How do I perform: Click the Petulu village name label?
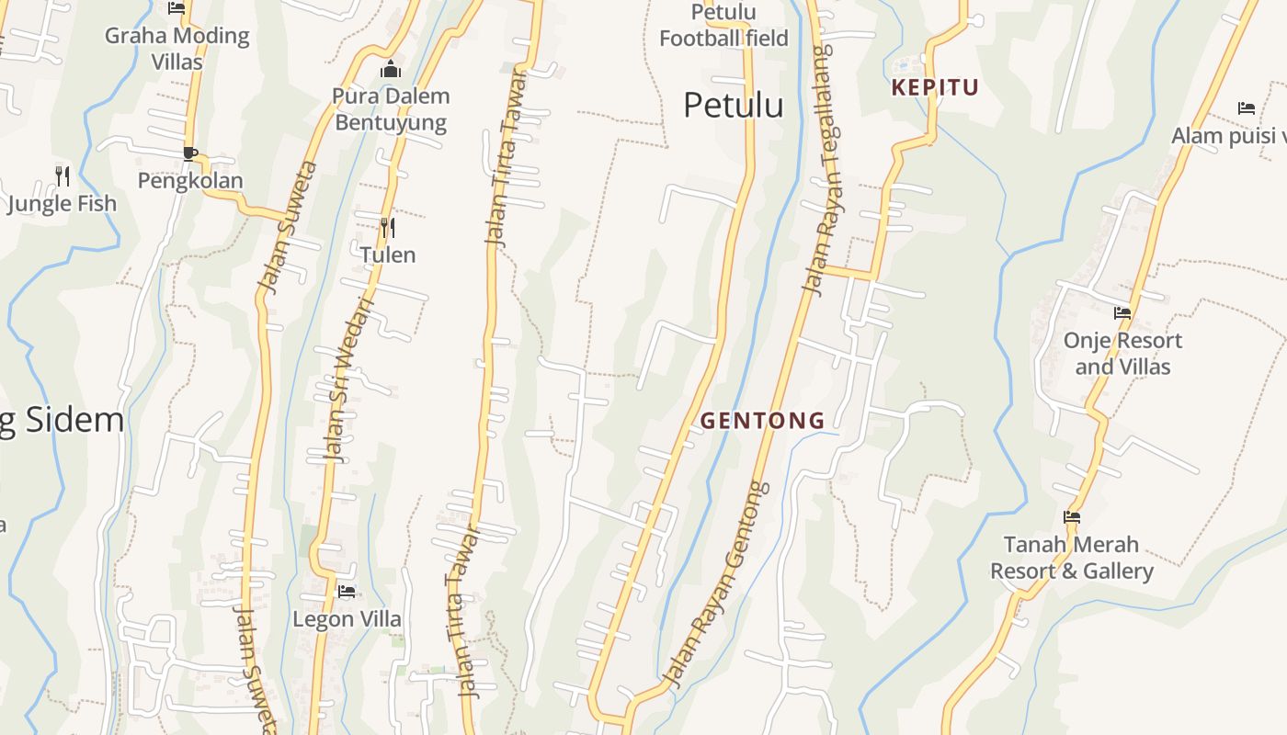[733, 106]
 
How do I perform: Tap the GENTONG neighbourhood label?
[763, 421]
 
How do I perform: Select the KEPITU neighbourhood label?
[935, 88]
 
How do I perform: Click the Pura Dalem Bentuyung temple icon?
[391, 70]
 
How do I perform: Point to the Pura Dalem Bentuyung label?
[391, 109]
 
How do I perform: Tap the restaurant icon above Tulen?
[388, 227]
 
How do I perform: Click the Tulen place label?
[388, 254]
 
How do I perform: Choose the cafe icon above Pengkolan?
[189, 153]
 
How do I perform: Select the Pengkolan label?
[190, 180]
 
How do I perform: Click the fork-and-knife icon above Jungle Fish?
[63, 175]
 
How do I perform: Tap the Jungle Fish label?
[63, 203]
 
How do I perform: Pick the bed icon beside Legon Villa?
[347, 592]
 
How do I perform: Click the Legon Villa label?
[347, 619]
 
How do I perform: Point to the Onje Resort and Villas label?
[1122, 354]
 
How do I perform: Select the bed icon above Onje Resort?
[1122, 313]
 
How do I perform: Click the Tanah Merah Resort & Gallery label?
[1071, 558]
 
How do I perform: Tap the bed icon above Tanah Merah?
[1071, 517]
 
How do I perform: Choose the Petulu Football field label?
[723, 26]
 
